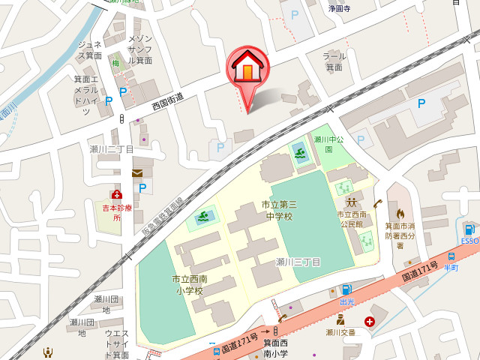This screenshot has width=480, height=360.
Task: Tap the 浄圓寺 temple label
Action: pos(340,9)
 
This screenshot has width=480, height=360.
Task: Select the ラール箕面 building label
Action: pos(334,61)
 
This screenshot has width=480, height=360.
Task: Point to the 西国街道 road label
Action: pos(168,102)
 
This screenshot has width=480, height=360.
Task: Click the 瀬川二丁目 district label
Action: pos(112,149)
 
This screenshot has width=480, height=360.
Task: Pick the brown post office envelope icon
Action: pos(138,172)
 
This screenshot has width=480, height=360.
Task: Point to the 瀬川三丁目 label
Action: pos(298,262)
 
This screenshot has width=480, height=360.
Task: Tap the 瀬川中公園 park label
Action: pos(328,144)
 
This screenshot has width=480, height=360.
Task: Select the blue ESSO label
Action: pos(469,241)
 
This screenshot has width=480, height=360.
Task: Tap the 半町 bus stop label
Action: pos(451,266)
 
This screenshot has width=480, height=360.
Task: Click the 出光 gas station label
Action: pos(346,301)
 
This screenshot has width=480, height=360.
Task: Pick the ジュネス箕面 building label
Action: pos(89,50)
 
